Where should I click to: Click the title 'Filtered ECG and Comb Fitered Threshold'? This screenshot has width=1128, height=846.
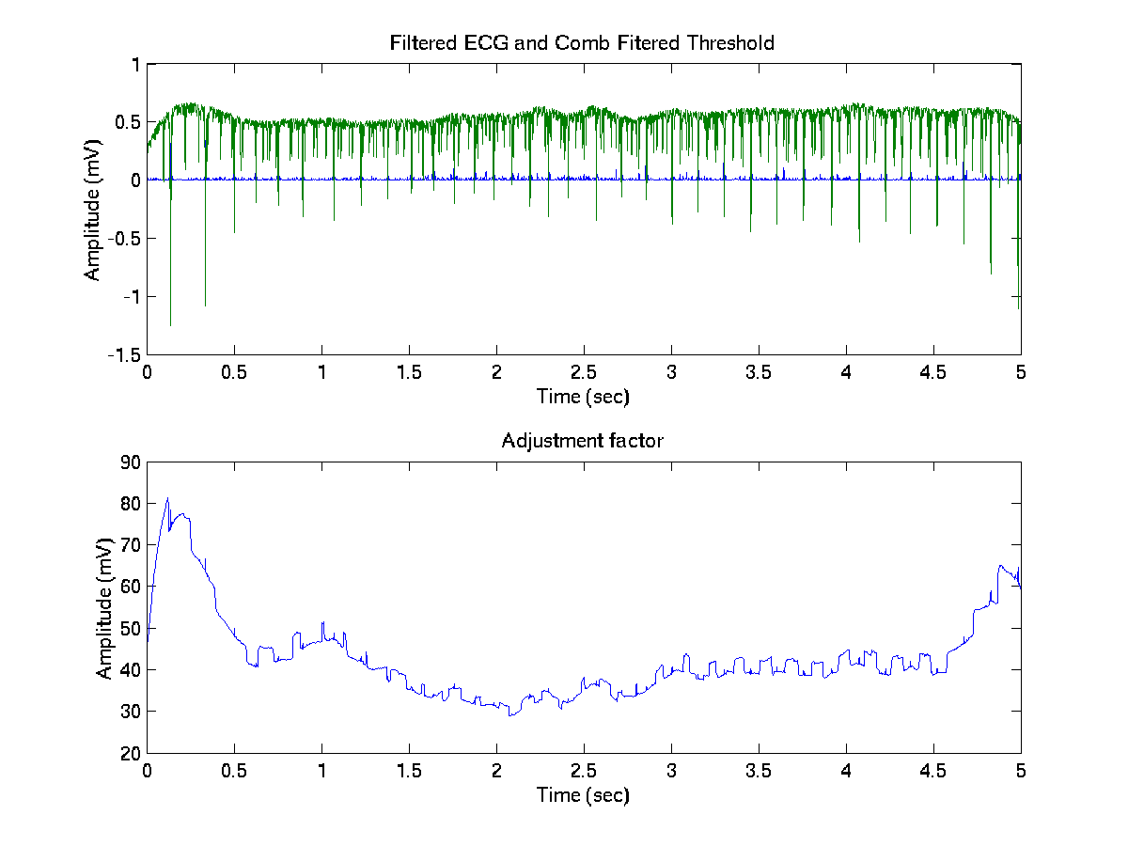click(582, 43)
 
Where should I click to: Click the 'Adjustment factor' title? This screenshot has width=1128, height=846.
click(583, 441)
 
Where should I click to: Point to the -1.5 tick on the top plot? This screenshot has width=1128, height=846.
click(123, 354)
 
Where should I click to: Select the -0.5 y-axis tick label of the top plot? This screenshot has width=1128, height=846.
click(123, 239)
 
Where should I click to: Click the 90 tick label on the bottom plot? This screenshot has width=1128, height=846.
click(129, 462)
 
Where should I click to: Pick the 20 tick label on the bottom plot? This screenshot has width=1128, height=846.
click(129, 753)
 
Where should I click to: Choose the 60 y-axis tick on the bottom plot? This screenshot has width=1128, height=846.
click(129, 587)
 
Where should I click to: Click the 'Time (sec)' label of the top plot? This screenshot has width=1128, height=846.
click(583, 397)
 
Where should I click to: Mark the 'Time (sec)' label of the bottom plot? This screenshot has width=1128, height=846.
click(583, 795)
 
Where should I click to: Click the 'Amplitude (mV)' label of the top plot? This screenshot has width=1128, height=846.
click(92, 209)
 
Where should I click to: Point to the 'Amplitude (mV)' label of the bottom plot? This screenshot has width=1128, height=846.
click(104, 607)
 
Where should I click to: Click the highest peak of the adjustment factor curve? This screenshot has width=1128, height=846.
click(167, 498)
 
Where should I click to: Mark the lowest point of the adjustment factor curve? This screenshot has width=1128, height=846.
click(510, 716)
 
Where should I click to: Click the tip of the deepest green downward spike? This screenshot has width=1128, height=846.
click(170, 325)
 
